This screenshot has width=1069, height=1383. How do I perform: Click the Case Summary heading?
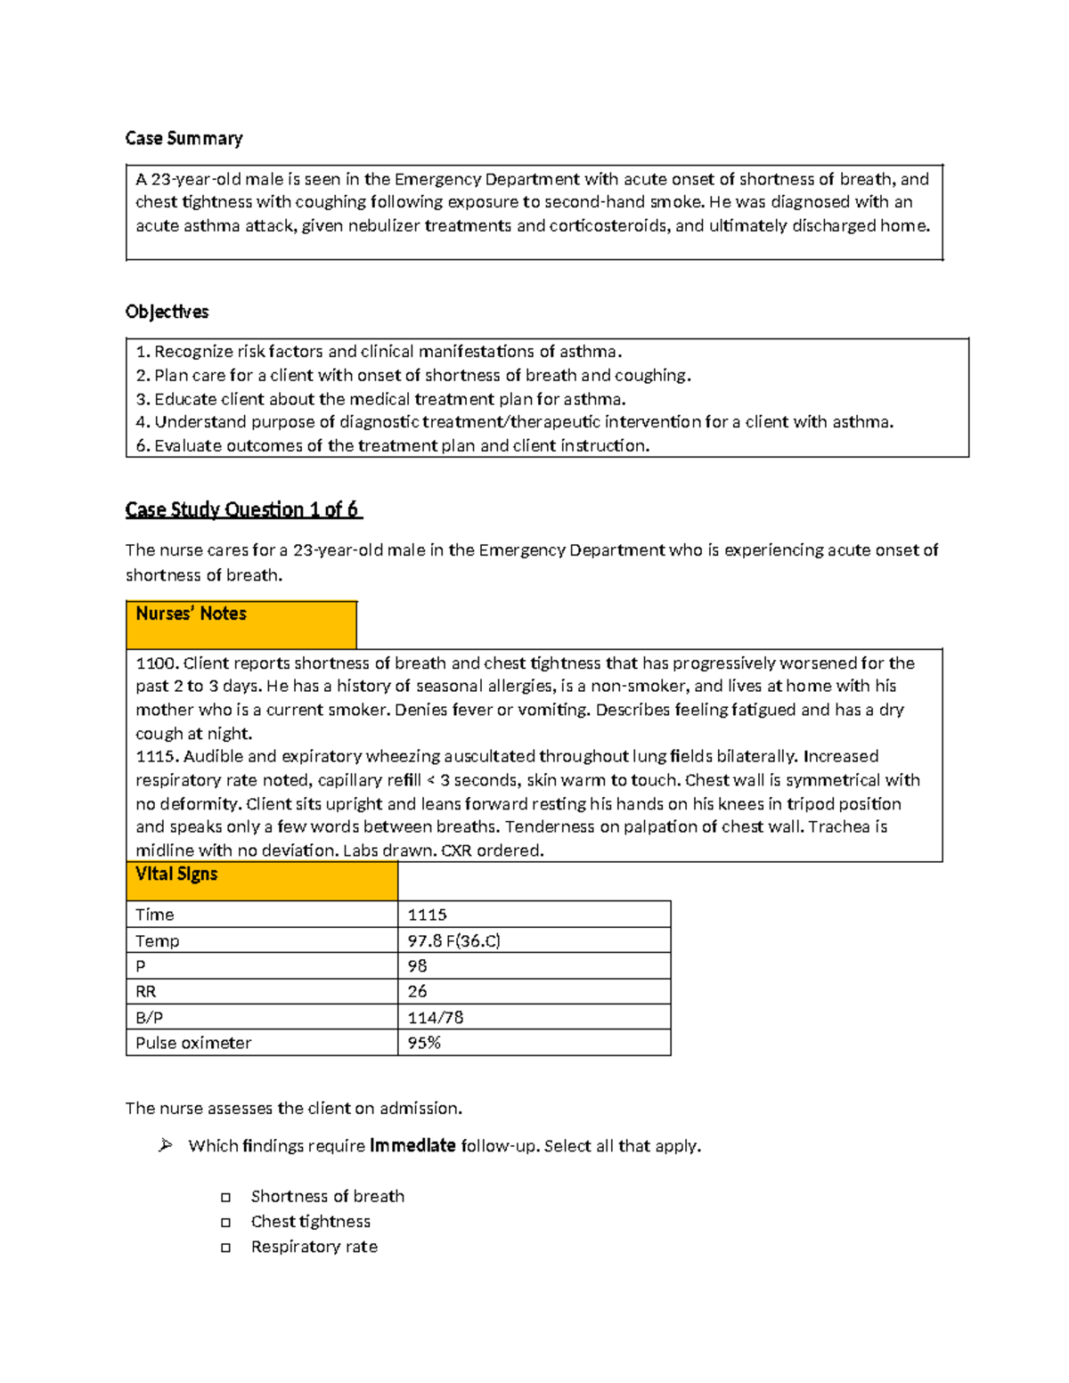pos(184,138)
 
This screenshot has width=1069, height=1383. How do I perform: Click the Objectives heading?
pos(167,312)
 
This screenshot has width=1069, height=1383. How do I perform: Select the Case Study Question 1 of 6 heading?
pos(242,509)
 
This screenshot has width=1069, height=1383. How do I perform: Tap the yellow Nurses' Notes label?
pos(191,614)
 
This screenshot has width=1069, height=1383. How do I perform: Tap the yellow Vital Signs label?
pos(176,875)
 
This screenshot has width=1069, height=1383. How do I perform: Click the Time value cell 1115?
pos(428,915)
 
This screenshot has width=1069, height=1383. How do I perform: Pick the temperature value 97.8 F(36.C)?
pos(453,940)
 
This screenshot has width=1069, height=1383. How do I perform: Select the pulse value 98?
pos(417,966)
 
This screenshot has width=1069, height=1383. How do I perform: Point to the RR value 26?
pos(417,991)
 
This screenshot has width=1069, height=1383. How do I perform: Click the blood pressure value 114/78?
pos(435,1017)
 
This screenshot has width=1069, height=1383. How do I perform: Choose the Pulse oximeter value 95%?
pos(424,1043)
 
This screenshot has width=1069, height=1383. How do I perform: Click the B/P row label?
pos(149,1017)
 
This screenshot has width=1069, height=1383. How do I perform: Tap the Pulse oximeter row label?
pos(193,1043)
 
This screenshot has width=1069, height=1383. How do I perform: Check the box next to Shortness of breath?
pos(226,1198)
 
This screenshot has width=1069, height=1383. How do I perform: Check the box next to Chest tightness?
pos(226,1223)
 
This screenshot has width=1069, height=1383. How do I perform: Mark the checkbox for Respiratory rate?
pos(226,1248)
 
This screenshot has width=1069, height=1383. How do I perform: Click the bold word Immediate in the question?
pos(412,1145)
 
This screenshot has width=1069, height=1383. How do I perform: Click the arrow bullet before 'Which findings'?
pos(166,1145)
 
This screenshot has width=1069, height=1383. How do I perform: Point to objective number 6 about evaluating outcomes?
pos(392,445)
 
